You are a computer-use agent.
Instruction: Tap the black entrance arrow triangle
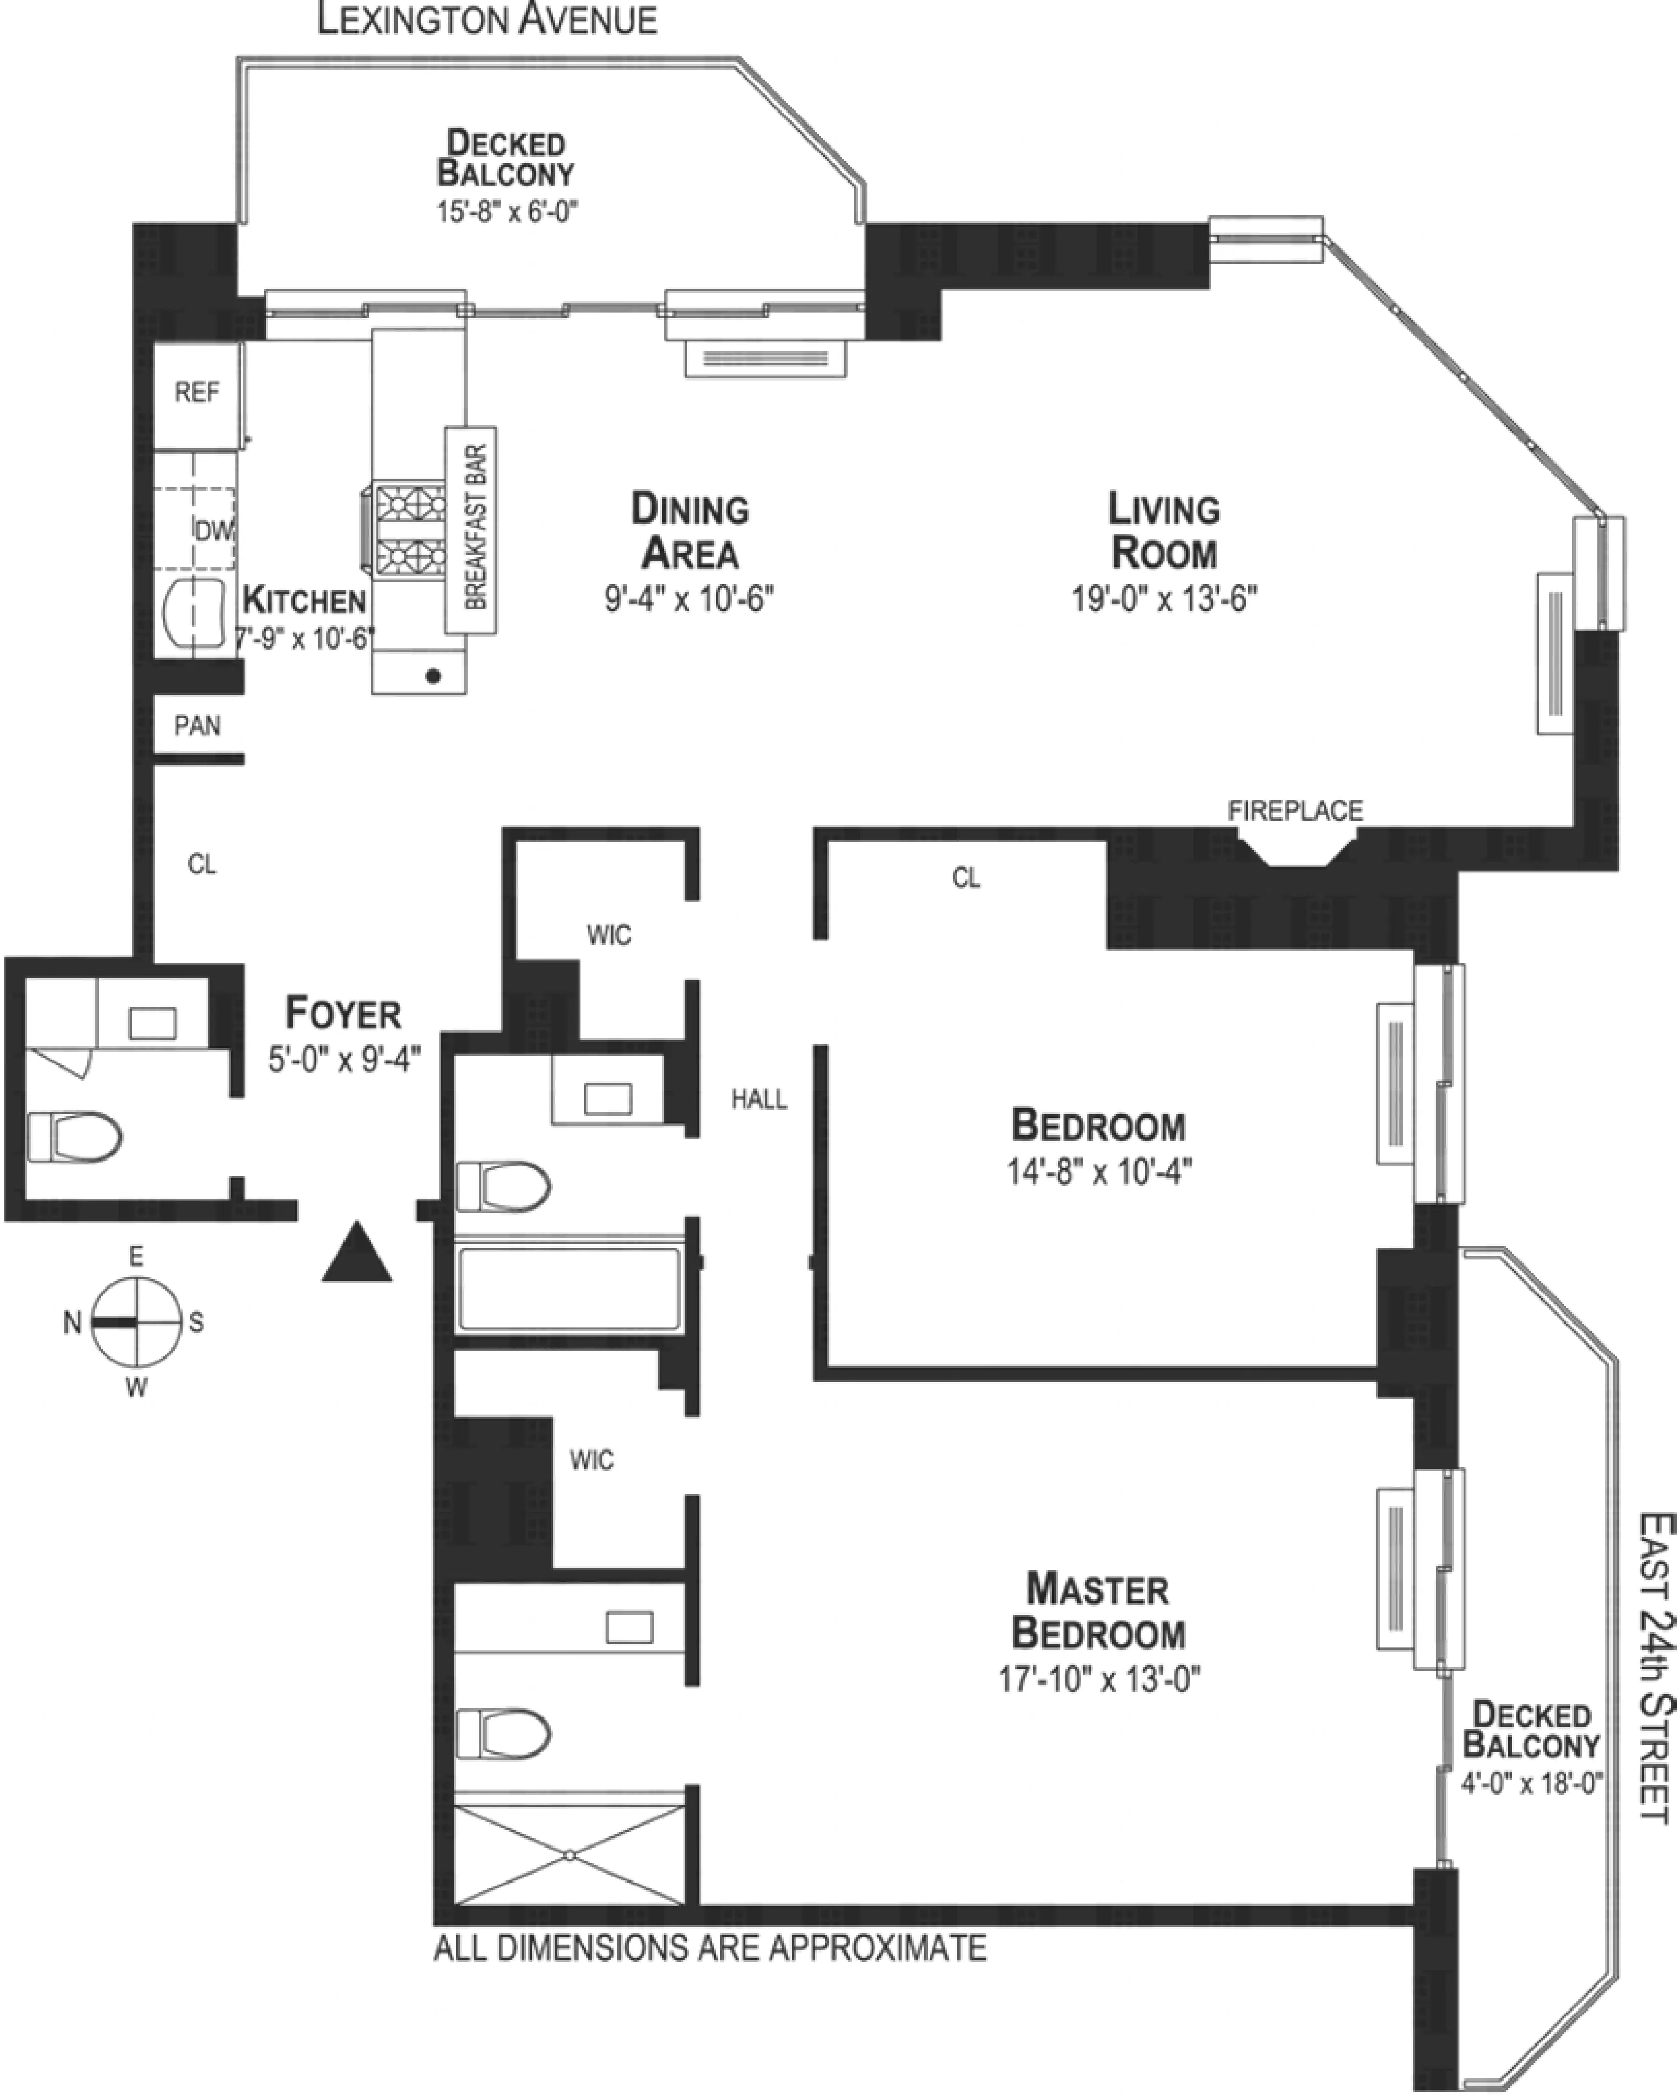point(357,1252)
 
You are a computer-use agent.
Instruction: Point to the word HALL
point(759,1100)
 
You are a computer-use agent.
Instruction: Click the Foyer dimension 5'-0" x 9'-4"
point(344,1059)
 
